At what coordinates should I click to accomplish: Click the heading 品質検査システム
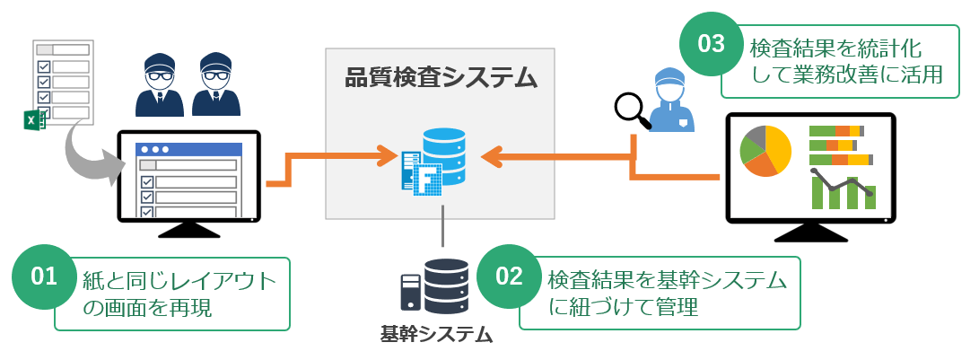click(x=441, y=78)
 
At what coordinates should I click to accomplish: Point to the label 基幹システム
click(x=437, y=335)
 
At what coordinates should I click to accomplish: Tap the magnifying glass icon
click(x=631, y=105)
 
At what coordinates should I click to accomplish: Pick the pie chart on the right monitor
click(x=765, y=150)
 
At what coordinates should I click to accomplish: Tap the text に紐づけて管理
click(x=623, y=306)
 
